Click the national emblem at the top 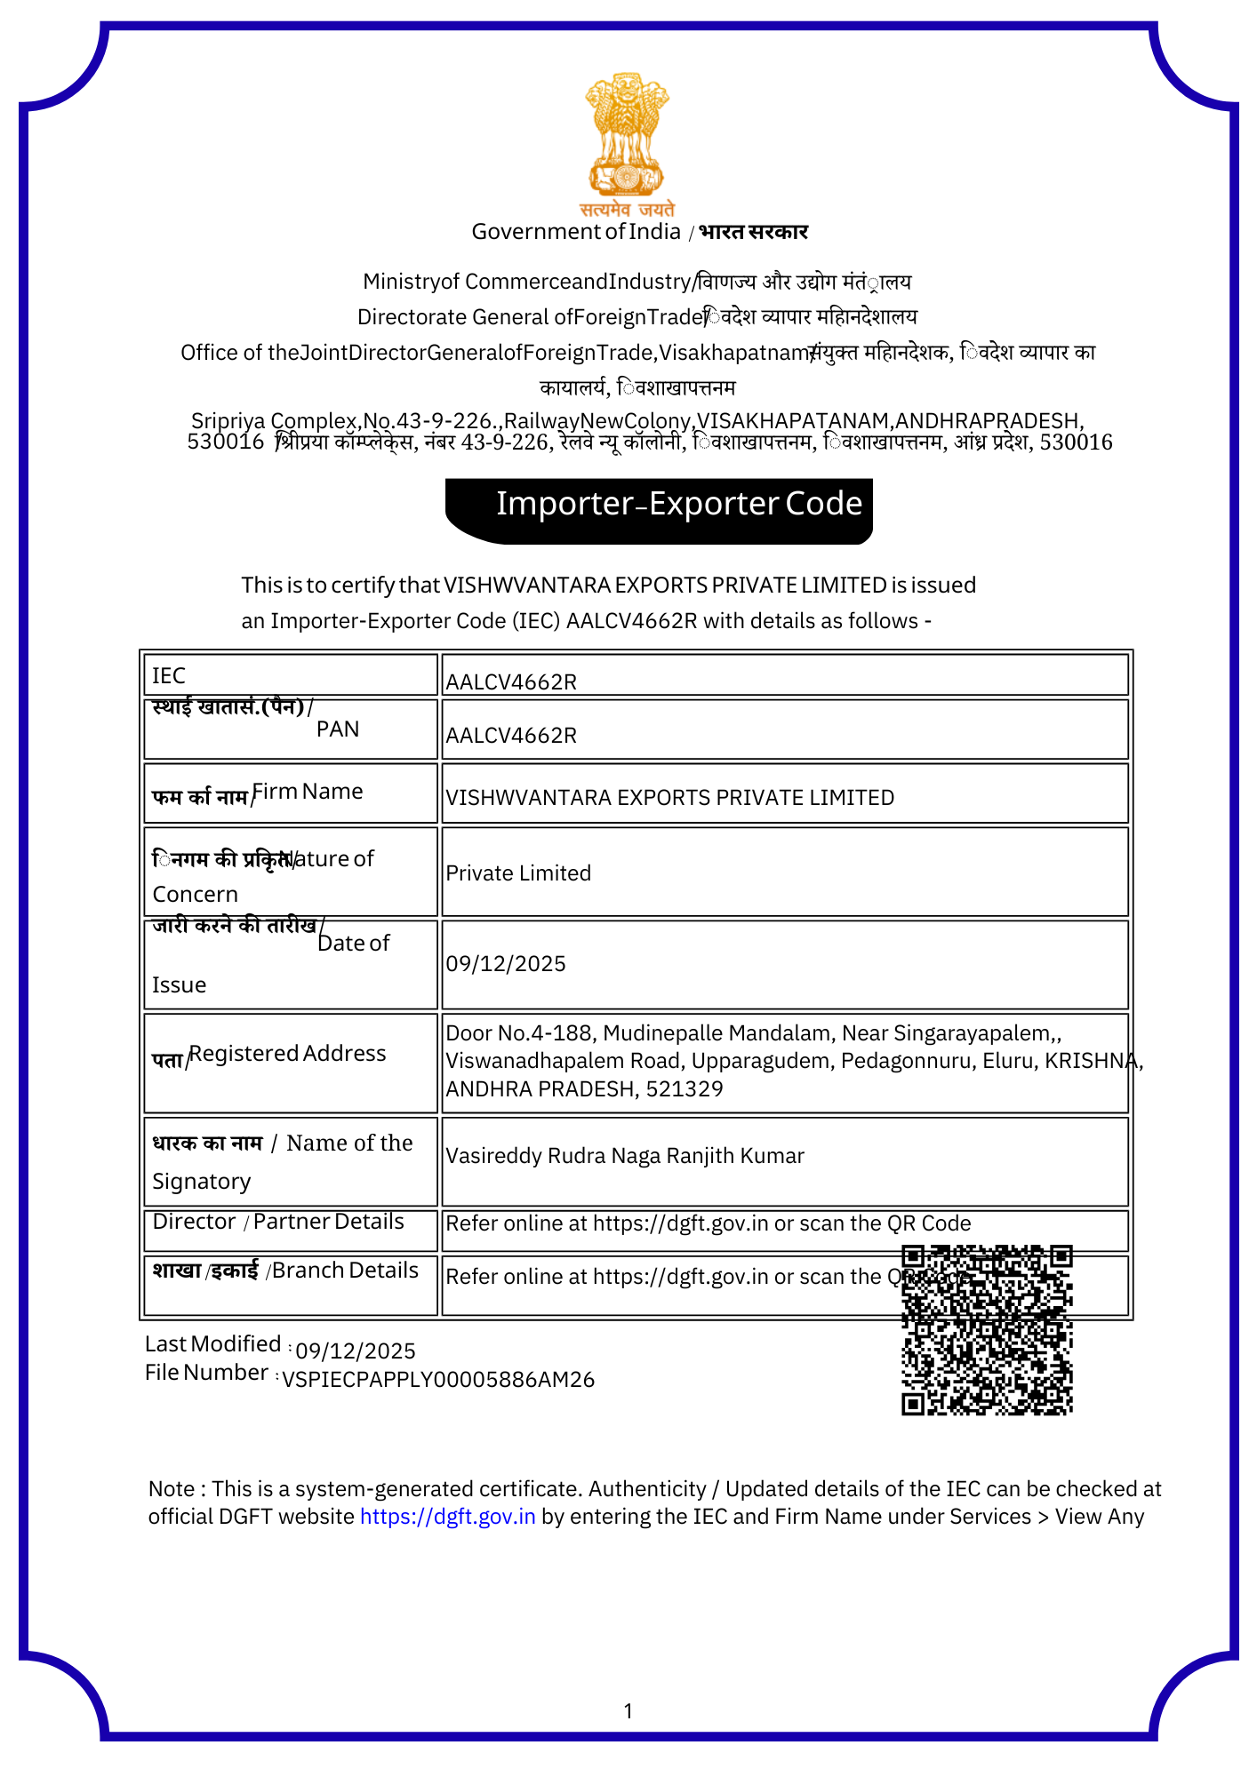(x=627, y=135)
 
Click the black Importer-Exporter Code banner (x=659, y=511)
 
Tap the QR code (x=987, y=1329)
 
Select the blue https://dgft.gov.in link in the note (x=447, y=1517)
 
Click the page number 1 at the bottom (x=628, y=1711)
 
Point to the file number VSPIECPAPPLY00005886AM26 (x=438, y=1380)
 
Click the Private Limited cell (x=518, y=873)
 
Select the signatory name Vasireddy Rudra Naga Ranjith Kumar (x=625, y=1156)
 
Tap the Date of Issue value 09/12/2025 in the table (x=506, y=964)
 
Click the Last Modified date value (x=356, y=1351)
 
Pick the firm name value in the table (x=669, y=798)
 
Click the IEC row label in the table (x=169, y=676)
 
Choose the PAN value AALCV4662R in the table (x=511, y=736)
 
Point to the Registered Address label (x=288, y=1054)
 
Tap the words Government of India (x=575, y=232)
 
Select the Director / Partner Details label (x=278, y=1222)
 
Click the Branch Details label (x=345, y=1271)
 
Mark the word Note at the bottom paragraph (x=172, y=1489)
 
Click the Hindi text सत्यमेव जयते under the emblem (x=627, y=210)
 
